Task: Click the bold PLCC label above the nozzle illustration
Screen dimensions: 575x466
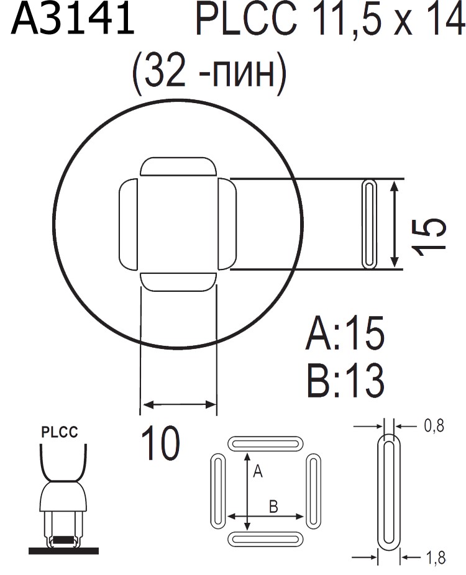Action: (x=60, y=433)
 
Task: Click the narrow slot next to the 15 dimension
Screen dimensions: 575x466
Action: (x=369, y=225)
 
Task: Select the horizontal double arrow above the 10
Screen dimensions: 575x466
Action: (x=179, y=406)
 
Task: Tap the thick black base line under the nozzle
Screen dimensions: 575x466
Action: (x=63, y=550)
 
